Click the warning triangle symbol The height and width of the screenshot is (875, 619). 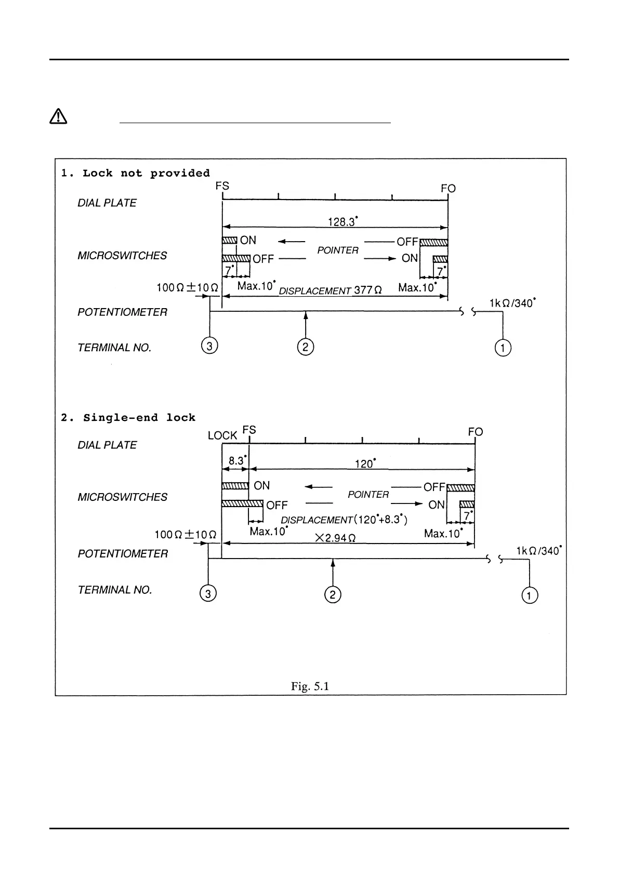pyautogui.click(x=58, y=116)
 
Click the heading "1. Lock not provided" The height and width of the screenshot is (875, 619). pyautogui.click(x=135, y=173)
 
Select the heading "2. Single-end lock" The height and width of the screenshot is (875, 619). pyautogui.click(x=128, y=417)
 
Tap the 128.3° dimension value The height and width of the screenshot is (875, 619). pyautogui.click(x=343, y=222)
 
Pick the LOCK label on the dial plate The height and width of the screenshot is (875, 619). pyautogui.click(x=222, y=435)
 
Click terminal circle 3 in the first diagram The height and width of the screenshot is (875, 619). pyautogui.click(x=209, y=346)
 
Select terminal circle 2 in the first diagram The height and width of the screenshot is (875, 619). pyautogui.click(x=306, y=347)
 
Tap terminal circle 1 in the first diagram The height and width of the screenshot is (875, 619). pyautogui.click(x=503, y=348)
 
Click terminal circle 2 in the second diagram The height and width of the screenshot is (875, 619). pyautogui.click(x=333, y=594)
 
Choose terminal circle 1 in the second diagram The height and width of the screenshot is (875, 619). pyautogui.click(x=529, y=595)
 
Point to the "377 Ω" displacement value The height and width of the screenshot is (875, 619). pyautogui.click(x=368, y=290)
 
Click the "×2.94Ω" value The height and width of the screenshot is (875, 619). pyautogui.click(x=336, y=538)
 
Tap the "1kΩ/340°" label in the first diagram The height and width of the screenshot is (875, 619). pyautogui.click(x=512, y=303)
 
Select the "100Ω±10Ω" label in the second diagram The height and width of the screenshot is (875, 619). pyautogui.click(x=186, y=534)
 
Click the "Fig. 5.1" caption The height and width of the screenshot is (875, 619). pyautogui.click(x=310, y=686)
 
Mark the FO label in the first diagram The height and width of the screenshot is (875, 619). pyautogui.click(x=448, y=189)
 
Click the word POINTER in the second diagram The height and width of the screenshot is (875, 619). pyautogui.click(x=368, y=495)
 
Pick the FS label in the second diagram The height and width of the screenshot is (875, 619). pyautogui.click(x=249, y=430)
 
